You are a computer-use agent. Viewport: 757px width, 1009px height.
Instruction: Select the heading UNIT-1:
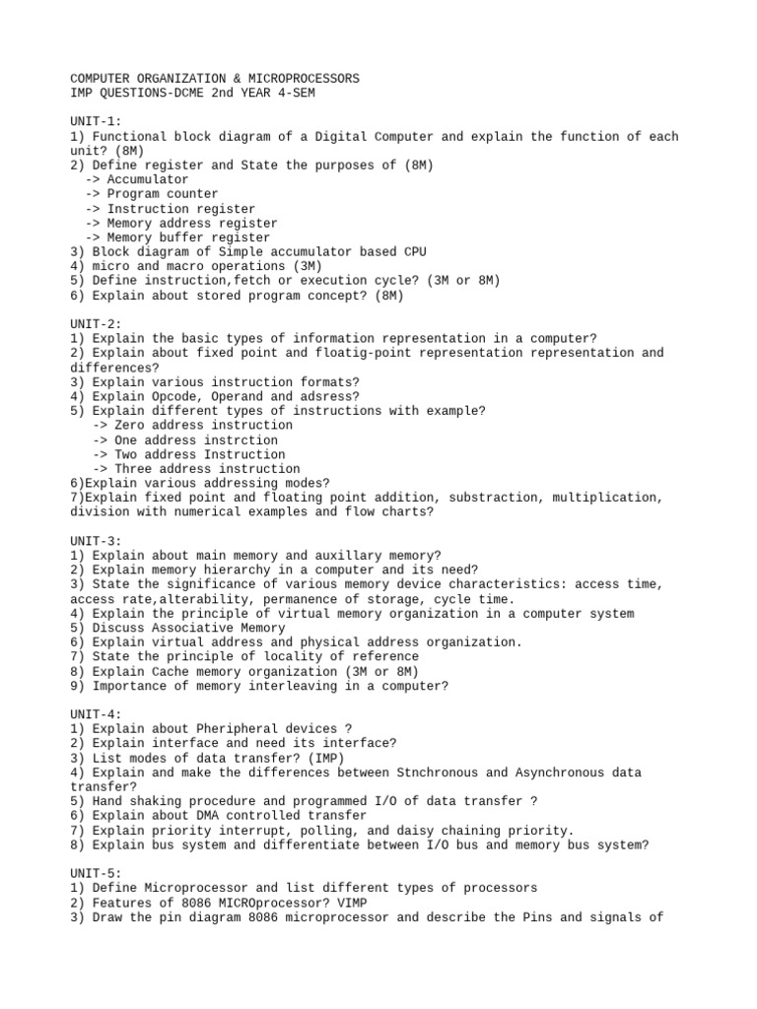pyautogui.click(x=96, y=121)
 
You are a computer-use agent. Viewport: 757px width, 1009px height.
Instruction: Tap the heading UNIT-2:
pyautogui.click(x=96, y=324)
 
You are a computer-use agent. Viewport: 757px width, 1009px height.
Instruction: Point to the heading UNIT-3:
pyautogui.click(x=96, y=541)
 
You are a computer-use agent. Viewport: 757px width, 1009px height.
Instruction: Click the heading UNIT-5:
pyautogui.click(x=96, y=874)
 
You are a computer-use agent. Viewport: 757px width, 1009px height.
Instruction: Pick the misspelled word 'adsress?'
pyautogui.click(x=331, y=396)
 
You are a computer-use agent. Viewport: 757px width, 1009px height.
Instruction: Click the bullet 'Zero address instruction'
pyautogui.click(x=190, y=426)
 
